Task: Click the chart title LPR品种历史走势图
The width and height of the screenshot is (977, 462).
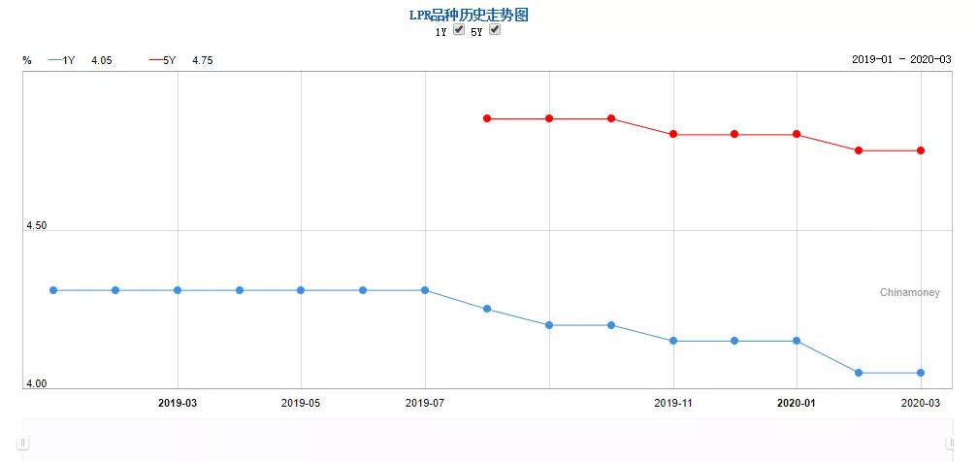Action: point(469,15)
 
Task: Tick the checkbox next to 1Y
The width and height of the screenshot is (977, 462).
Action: point(459,30)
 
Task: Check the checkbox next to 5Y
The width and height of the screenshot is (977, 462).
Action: point(495,30)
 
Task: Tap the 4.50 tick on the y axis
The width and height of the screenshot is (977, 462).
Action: point(36,225)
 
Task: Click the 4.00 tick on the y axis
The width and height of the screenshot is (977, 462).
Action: point(36,384)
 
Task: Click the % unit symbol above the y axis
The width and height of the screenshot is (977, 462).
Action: point(27,60)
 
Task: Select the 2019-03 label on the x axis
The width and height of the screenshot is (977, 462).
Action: point(177,402)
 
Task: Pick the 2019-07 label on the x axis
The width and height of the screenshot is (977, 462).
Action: point(425,402)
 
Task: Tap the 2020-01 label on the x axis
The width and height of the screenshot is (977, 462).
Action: point(797,402)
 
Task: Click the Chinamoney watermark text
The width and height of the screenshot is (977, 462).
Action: point(909,292)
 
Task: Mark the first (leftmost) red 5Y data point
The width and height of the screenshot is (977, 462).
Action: point(487,118)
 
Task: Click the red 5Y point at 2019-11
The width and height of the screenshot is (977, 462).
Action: point(673,134)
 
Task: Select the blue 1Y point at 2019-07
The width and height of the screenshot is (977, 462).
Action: point(425,290)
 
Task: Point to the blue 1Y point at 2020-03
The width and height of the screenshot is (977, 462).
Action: point(921,373)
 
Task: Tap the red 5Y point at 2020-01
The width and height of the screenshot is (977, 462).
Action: point(797,134)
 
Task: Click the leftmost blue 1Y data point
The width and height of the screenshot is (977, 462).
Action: point(53,290)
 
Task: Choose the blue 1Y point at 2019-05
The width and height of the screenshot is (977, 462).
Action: point(301,290)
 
